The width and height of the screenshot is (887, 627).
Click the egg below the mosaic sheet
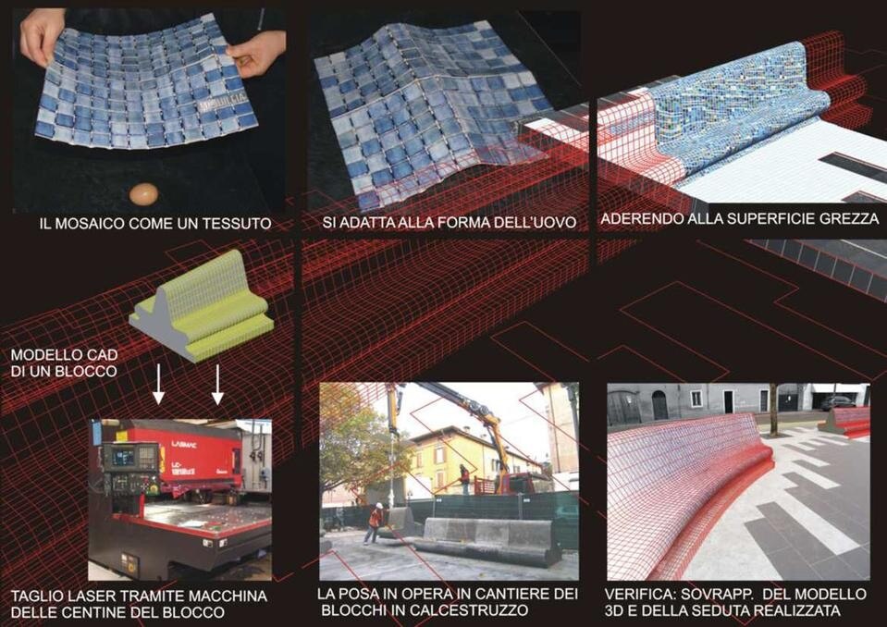143,194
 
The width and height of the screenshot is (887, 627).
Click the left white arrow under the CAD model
159,384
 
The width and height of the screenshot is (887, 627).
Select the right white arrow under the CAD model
217,384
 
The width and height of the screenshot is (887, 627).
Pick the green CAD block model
202,306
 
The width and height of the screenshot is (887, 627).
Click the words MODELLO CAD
64,355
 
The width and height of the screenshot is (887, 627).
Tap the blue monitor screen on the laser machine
122,456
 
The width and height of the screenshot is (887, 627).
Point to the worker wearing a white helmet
375,523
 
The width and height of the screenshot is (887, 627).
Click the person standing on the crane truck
464,478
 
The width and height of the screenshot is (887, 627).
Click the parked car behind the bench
838,402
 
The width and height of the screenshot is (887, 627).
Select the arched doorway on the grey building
660,405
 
